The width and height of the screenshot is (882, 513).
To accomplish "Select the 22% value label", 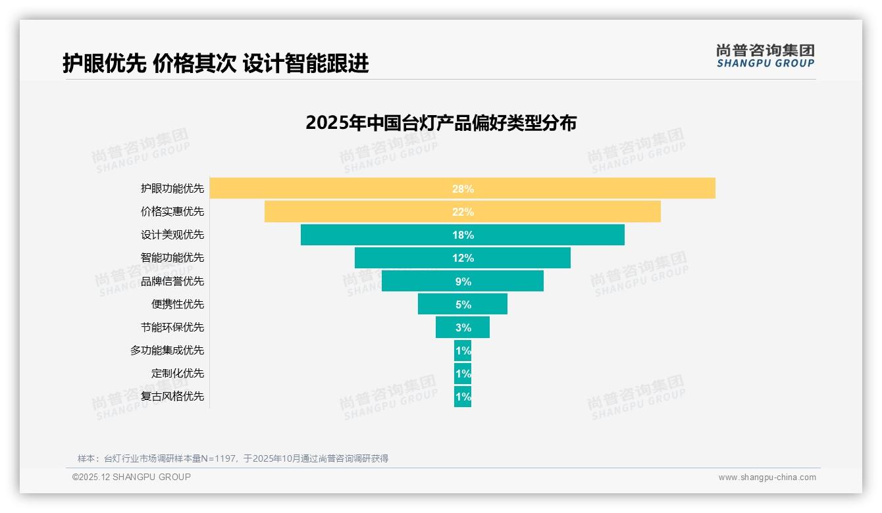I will (x=463, y=212).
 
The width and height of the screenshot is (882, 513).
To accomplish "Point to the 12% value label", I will (x=463, y=258).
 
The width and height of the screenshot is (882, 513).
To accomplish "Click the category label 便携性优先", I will (x=178, y=304).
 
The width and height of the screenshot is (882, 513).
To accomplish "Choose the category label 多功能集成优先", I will (x=167, y=350).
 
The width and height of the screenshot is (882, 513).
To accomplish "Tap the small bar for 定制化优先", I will (x=463, y=373).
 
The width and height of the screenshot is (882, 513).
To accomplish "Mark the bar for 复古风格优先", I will (x=463, y=396).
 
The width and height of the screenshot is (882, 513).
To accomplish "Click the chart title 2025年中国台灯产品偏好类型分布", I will (x=441, y=123).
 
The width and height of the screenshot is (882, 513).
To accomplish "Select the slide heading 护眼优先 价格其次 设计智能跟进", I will (x=216, y=63).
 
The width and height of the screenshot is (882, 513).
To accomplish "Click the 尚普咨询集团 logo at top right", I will (x=765, y=55).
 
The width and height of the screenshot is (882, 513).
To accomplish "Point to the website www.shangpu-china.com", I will (x=767, y=477).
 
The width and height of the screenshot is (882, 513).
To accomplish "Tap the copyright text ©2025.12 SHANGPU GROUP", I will (x=132, y=477).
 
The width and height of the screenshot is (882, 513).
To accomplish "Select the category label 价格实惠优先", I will (x=172, y=212).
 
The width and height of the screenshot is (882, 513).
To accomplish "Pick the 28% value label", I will (x=463, y=189).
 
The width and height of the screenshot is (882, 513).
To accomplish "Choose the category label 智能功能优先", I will (x=172, y=258).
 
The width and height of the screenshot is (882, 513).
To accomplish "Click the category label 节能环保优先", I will (x=172, y=327).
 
